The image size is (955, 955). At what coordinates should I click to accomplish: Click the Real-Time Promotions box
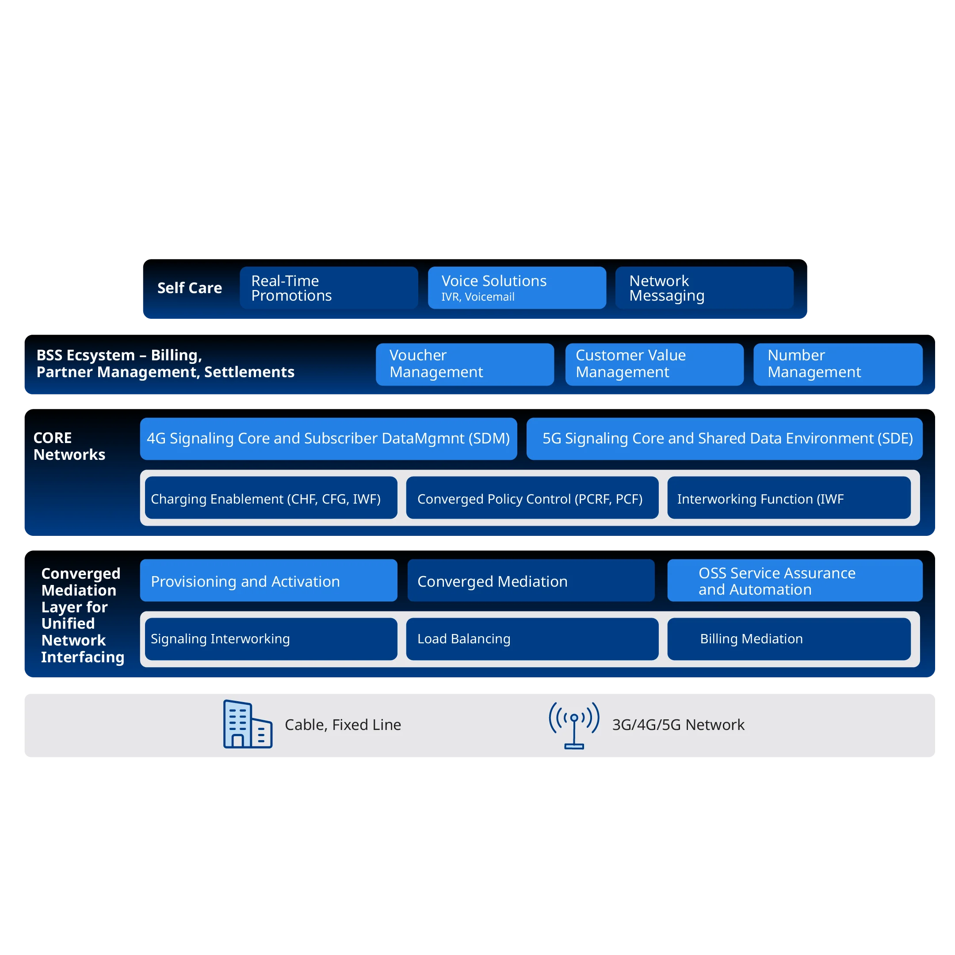329,288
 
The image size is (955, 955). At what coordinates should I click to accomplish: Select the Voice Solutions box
516,288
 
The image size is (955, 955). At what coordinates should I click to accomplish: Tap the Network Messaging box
704,288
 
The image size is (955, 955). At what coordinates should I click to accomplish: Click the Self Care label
189,288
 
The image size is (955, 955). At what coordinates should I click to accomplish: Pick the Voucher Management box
465,364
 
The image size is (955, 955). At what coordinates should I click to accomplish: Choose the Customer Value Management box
654,364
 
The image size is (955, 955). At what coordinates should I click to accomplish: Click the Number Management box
837,364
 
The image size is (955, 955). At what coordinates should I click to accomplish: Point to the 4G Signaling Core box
328,439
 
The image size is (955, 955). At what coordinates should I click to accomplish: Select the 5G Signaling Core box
724,439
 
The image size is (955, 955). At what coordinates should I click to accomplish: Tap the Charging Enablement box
271,498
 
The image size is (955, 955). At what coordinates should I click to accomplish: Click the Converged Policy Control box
532,498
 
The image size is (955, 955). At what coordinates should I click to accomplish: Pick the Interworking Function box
788,498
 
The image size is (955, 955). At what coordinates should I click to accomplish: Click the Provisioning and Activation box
268,581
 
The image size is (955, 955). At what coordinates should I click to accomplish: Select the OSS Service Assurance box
795,581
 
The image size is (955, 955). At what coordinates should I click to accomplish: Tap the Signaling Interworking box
271,638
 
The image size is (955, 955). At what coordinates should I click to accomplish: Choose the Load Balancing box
532,638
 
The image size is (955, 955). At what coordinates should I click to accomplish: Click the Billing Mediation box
788,638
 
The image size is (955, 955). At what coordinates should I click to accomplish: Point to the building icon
247,724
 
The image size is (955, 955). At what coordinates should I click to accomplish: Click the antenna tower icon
574,725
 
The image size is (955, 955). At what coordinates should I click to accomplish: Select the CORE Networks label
69,446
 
